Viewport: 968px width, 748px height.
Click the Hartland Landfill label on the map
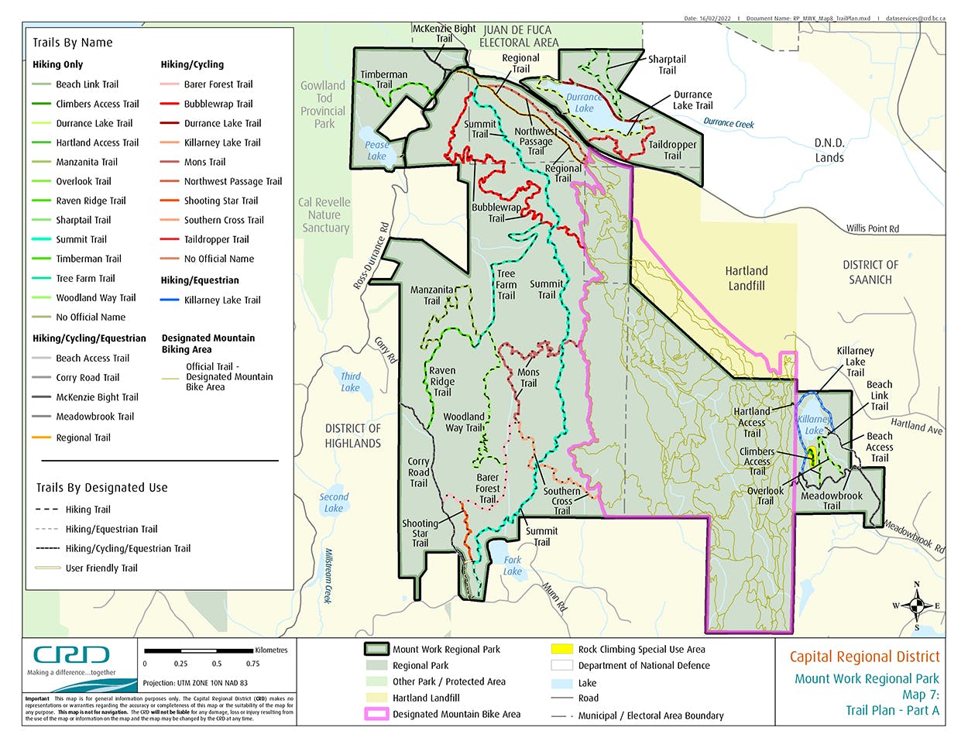point(746,278)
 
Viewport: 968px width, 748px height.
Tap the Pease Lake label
point(377,150)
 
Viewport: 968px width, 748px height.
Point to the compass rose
point(916,606)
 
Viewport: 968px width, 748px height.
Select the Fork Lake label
point(513,565)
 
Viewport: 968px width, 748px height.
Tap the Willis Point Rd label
point(872,228)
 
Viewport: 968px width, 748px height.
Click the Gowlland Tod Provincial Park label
point(323,105)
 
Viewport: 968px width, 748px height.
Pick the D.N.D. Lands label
point(829,150)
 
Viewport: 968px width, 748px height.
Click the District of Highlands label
point(352,436)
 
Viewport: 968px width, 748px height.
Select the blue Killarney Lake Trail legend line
point(170,300)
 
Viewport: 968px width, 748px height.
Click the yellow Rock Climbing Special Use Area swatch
point(561,649)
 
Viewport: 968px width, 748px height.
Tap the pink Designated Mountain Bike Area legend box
point(376,714)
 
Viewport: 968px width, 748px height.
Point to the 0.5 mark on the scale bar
point(217,664)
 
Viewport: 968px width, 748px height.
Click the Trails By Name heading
point(73,43)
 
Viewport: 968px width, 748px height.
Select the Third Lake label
point(351,382)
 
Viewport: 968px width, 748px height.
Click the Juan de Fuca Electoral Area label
point(518,36)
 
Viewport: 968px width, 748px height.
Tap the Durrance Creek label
point(728,123)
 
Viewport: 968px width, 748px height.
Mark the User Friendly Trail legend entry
point(101,568)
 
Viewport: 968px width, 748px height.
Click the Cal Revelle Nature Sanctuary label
point(324,214)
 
